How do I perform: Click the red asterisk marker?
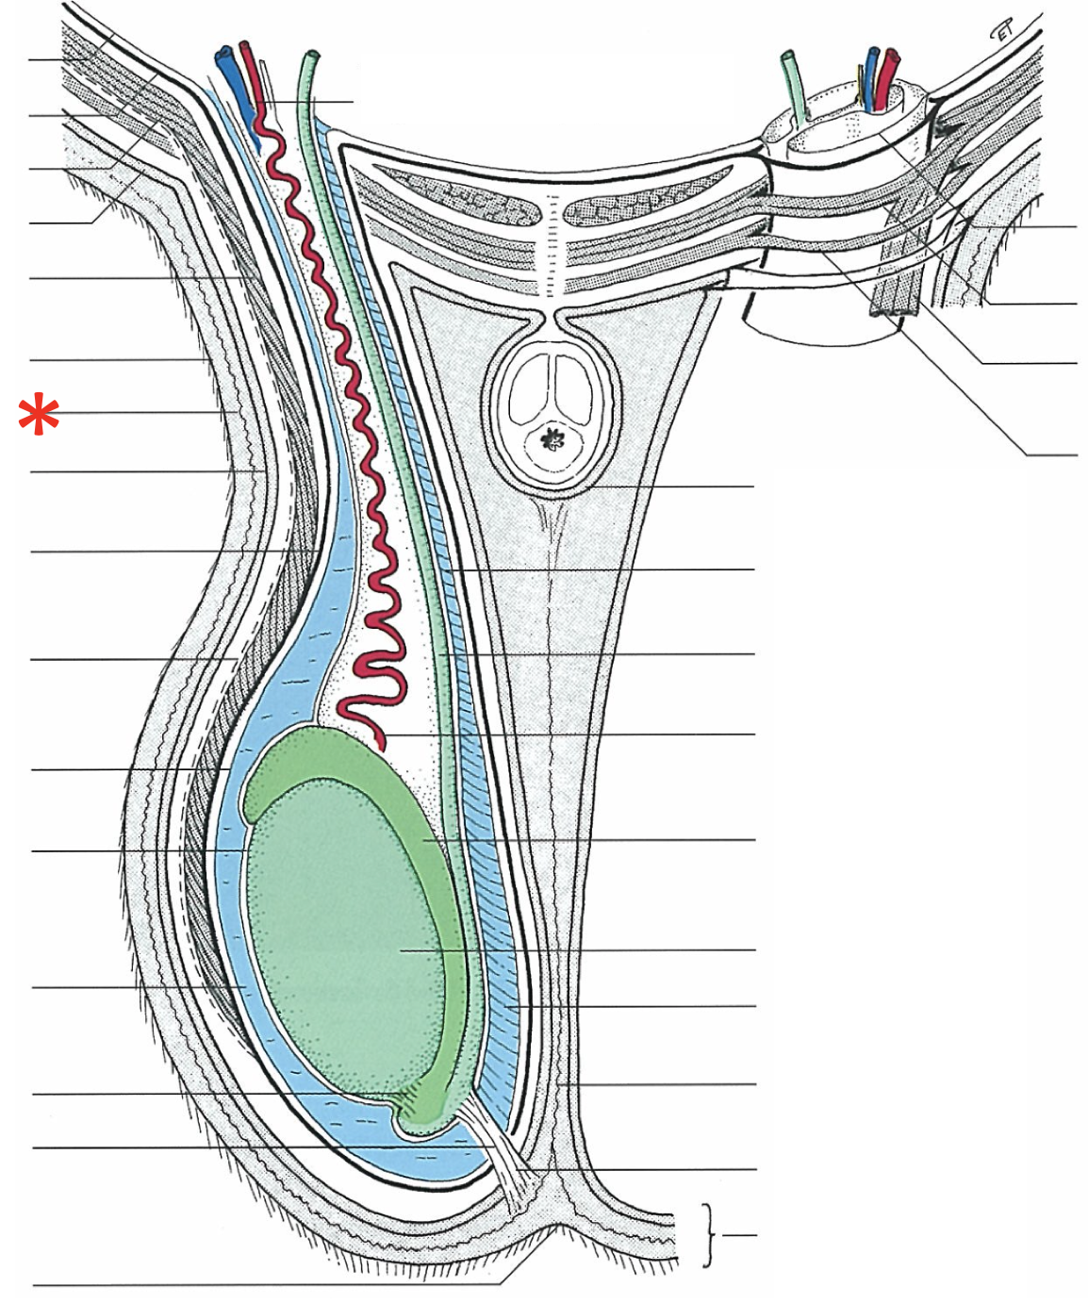[x=39, y=415]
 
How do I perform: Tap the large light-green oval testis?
[x=339, y=933]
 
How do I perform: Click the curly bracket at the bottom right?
[x=709, y=1234]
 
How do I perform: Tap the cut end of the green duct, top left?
[x=308, y=57]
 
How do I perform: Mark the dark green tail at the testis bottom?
[x=424, y=1117]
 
